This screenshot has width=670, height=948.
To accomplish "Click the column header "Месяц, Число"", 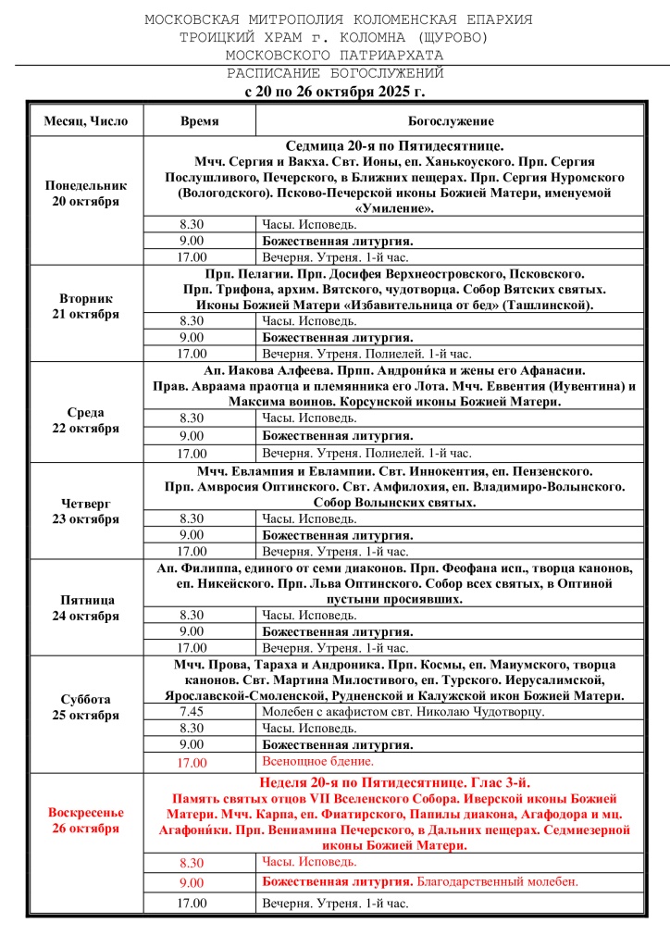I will (86, 121).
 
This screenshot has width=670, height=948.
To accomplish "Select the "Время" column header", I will (199, 121).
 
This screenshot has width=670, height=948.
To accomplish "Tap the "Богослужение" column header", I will (451, 121).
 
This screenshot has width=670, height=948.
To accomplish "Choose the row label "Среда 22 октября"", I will (86, 420).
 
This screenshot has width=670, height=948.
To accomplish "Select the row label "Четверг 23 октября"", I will (86, 511).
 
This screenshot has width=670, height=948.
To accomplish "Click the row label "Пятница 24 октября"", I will (86, 607).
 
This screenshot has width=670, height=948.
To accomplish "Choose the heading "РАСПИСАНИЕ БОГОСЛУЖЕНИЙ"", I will (335, 73).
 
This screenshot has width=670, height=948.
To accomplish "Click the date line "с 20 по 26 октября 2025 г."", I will (335, 92).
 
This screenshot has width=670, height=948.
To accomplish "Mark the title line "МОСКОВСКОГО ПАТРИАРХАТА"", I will (335, 55).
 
